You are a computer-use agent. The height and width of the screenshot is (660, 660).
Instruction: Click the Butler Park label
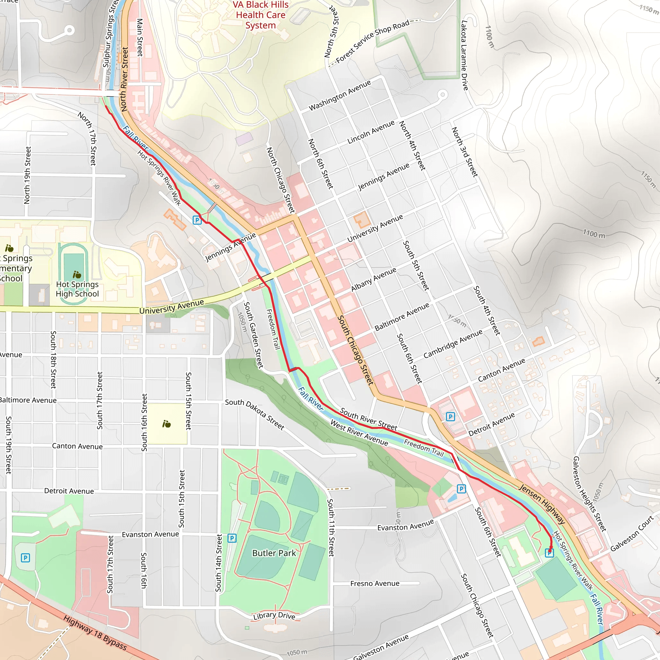pos(274,553)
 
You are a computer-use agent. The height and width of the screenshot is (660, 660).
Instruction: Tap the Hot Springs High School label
pos(77,289)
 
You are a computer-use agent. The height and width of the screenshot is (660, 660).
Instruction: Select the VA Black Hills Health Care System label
pos(260,15)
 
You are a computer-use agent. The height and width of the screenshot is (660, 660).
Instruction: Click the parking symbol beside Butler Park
pos(232,539)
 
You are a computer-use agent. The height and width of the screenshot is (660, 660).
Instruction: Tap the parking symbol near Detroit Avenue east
pos(451,416)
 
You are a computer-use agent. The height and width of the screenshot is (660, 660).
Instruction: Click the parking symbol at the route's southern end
pos(549,553)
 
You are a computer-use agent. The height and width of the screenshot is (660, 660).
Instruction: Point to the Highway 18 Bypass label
pos(95,633)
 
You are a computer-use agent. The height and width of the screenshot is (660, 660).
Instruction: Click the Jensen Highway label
pos(542,504)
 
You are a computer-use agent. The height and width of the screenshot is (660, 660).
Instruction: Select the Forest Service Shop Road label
pos(372,41)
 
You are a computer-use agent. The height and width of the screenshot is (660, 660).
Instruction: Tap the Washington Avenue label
pos(340,95)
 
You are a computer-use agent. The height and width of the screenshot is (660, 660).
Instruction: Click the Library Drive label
pos(274,616)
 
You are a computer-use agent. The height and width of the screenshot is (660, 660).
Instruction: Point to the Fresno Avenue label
pos(375,584)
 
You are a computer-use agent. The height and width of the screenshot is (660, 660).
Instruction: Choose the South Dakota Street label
pos(255,414)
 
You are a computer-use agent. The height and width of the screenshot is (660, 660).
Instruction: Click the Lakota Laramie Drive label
pos(465,55)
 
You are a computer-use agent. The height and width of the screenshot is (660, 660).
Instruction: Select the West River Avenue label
pos(359,433)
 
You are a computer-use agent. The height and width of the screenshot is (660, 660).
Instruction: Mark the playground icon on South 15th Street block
pos(167,424)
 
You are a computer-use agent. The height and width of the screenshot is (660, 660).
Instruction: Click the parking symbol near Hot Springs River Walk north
pos(197,220)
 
